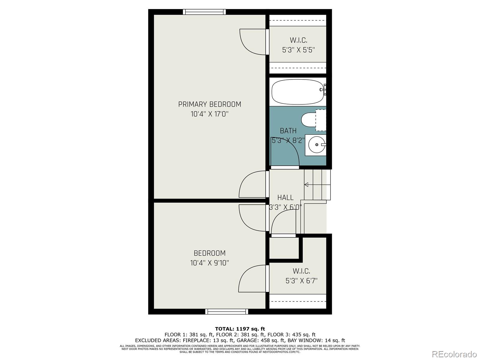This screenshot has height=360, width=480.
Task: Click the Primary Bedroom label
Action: pyautogui.click(x=209, y=104)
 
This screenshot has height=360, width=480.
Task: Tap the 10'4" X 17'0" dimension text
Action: pyautogui.click(x=209, y=114)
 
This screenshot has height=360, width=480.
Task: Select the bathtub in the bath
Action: pyautogui.click(x=298, y=92)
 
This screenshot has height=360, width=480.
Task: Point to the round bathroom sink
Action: pyautogui.click(x=317, y=145)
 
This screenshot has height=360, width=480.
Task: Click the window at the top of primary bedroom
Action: pyautogui.click(x=204, y=12)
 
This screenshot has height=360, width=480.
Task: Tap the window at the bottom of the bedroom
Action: pyautogui.click(x=226, y=312)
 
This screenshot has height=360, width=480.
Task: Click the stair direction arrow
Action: pyautogui.click(x=306, y=185)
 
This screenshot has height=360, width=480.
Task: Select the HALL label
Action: pyautogui.click(x=285, y=197)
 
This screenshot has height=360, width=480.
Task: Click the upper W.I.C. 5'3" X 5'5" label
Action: pyautogui.click(x=298, y=45)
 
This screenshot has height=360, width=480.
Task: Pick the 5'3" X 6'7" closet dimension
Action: pyautogui.click(x=301, y=281)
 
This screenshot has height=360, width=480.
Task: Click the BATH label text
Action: pyautogui.click(x=288, y=131)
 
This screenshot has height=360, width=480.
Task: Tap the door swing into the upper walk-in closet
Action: pyautogui.click(x=252, y=42)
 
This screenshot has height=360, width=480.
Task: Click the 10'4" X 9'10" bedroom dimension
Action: pyautogui.click(x=209, y=263)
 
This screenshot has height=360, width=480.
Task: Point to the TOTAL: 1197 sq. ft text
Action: pyautogui.click(x=240, y=329)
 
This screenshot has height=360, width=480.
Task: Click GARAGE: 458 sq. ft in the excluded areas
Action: pyautogui.click(x=261, y=340)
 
